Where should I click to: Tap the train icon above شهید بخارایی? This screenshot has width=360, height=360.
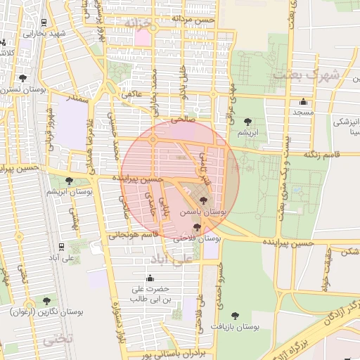pos(46,22)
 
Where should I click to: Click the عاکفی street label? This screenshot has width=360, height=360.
pos(132,93)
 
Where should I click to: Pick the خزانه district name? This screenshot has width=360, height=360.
pos(138,24)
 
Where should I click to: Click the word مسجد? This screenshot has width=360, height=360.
pos(303,112)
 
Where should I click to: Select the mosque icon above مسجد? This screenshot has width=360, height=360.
pos(303,101)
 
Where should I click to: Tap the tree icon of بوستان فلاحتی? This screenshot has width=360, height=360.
pos(196,227)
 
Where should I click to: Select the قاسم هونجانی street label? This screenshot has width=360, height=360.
pos(136,236)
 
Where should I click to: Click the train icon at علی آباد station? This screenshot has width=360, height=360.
pos(63,246)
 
